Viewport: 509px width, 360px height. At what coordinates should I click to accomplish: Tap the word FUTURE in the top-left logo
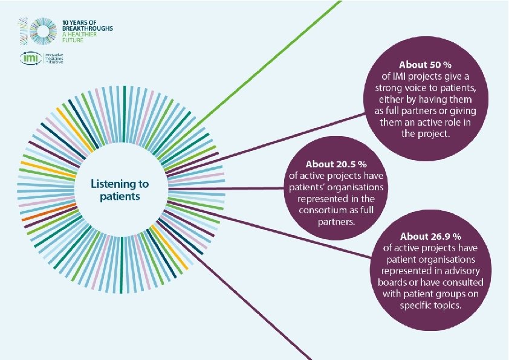coord(71,41)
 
